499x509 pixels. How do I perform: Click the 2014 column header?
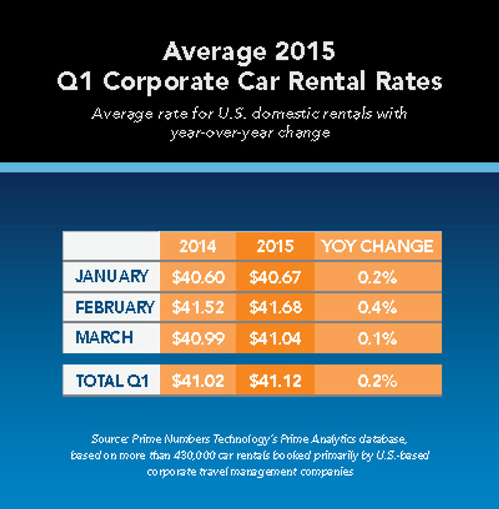pyautogui.click(x=198, y=246)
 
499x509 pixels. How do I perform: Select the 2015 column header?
pyautogui.click(x=275, y=246)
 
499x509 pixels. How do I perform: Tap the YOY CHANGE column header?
pyautogui.click(x=378, y=246)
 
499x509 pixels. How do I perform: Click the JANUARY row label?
pyautogui.click(x=111, y=277)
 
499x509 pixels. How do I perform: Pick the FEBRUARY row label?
pyautogui.click(x=114, y=307)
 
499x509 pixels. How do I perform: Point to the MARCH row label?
pyautogui.click(x=104, y=338)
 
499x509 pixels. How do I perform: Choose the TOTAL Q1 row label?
pyautogui.click(x=112, y=381)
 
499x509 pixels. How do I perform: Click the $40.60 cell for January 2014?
pyautogui.click(x=198, y=277)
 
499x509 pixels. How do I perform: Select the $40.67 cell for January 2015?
pyautogui.click(x=275, y=277)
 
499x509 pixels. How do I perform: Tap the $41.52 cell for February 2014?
pyautogui.click(x=198, y=308)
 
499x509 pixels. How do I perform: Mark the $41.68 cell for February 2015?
pyautogui.click(x=275, y=308)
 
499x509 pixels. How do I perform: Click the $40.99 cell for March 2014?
pyautogui.click(x=198, y=339)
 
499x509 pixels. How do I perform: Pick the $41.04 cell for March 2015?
pyautogui.click(x=275, y=339)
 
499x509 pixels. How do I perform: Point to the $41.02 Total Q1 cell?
pyautogui.click(x=198, y=381)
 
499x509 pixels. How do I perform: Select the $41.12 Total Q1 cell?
pyautogui.click(x=275, y=381)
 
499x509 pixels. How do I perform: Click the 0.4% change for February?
pyautogui.click(x=377, y=308)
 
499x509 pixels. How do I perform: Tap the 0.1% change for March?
pyautogui.click(x=377, y=339)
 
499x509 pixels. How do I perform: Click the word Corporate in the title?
pyautogui.click(x=166, y=82)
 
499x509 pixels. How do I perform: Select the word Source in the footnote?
pyautogui.click(x=109, y=439)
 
